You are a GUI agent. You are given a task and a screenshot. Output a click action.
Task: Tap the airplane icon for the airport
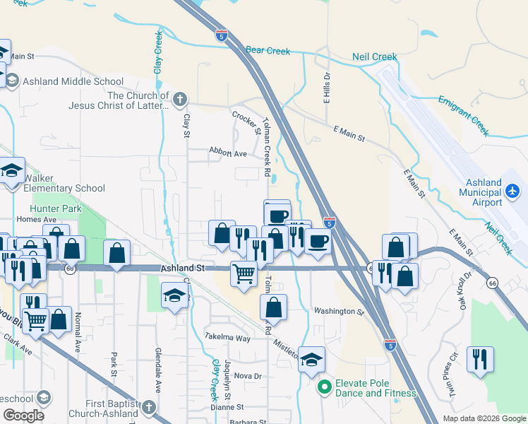pyautogui.click(x=513, y=192)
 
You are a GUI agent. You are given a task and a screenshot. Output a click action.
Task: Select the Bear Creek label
pyautogui.click(x=268, y=51)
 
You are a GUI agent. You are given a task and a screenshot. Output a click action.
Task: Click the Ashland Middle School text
pyautogui.click(x=68, y=81)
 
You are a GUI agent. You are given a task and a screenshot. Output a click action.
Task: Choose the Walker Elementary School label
pyautogui.click(x=64, y=188)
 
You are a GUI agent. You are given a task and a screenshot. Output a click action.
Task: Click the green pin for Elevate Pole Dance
pyautogui.click(x=325, y=387)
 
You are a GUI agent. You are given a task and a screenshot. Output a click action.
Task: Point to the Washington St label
pyautogui.click(x=338, y=310)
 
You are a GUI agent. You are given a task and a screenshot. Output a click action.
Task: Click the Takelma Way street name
pyautogui.click(x=227, y=338)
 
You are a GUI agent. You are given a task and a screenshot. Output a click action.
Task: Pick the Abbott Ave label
pyautogui.click(x=227, y=153)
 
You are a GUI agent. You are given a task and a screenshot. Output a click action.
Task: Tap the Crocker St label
pyautogui.click(x=246, y=122)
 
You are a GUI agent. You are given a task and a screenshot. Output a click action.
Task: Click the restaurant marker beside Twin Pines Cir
pyautogui.click(x=480, y=359)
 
